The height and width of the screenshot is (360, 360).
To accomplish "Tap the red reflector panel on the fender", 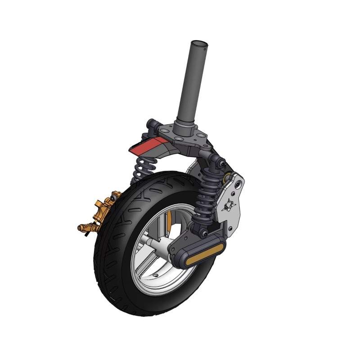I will [148, 145].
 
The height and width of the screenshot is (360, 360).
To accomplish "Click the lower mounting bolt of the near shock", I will [205, 233].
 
